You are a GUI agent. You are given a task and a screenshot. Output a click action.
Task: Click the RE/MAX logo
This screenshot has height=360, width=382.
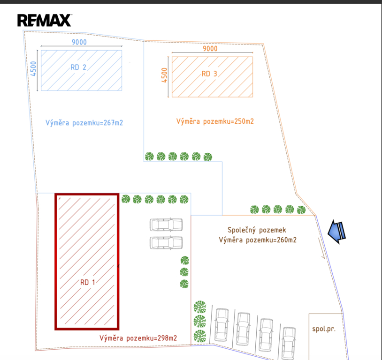(45, 20)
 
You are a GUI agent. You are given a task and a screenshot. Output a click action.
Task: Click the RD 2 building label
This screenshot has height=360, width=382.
(78, 67)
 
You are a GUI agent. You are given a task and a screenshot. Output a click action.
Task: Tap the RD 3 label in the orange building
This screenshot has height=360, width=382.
(209, 74)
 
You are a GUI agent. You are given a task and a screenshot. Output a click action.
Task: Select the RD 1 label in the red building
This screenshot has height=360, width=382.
(87, 282)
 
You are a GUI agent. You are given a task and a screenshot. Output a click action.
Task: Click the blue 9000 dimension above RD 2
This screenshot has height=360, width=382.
(79, 42)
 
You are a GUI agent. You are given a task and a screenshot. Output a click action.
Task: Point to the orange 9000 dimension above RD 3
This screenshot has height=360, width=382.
(210, 49)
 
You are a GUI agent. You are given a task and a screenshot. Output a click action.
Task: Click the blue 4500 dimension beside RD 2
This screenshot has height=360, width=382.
(33, 69)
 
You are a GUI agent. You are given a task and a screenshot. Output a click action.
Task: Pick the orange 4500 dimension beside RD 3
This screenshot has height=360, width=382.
(164, 75)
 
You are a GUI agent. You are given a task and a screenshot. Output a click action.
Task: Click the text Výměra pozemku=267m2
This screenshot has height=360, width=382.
(84, 123)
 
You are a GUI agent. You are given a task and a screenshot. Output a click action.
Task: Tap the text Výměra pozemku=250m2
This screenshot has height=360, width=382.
(215, 121)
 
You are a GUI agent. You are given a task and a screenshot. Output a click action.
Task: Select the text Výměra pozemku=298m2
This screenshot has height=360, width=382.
(138, 337)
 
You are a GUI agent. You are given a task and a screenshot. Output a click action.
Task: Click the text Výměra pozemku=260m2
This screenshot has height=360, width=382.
(257, 240)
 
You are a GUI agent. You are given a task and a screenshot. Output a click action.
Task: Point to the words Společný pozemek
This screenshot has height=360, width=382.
(256, 230)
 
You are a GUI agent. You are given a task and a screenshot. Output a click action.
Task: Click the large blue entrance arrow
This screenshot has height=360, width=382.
(337, 231)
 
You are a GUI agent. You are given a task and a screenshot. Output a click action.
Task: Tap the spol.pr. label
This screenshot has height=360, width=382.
(324, 329)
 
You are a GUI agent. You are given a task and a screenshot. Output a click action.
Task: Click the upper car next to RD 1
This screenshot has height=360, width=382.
(166, 225)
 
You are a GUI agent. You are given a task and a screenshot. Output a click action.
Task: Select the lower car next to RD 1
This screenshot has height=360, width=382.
(166, 242)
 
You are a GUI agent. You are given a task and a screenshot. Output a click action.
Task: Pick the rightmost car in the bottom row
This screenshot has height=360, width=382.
(289, 340)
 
